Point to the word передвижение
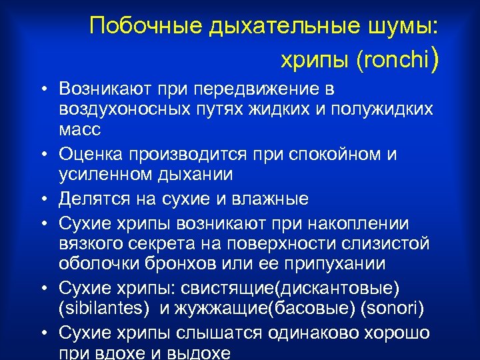tap(259, 89)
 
